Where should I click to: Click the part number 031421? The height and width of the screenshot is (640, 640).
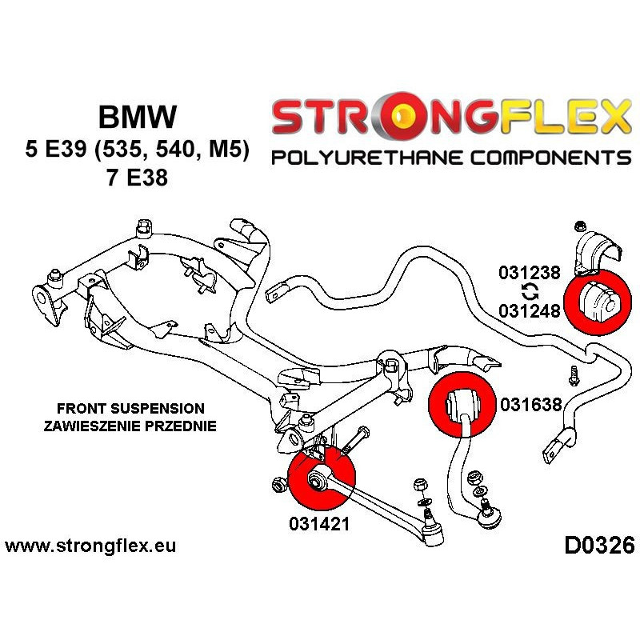319,522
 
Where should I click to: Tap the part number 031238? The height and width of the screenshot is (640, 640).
529,272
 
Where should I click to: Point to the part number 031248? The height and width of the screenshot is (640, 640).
529,309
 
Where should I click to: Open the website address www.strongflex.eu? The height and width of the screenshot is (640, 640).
90,546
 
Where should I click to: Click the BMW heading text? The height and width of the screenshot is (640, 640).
138,118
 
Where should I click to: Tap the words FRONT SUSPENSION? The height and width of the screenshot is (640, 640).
130,408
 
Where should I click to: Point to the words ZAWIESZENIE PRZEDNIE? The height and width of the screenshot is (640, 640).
130,426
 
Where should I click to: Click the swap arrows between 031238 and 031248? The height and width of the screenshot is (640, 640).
529,290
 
